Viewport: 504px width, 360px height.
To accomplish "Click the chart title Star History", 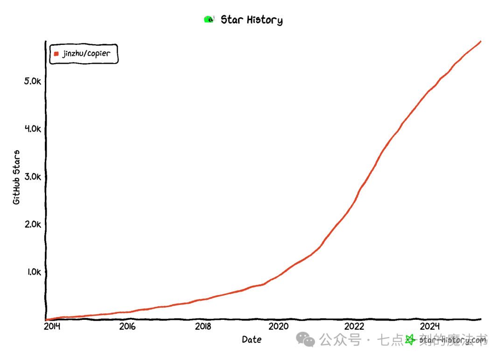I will coord(252,20).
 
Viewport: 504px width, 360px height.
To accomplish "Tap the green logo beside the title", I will coord(209,19).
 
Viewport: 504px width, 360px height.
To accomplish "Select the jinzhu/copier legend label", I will coord(87,53).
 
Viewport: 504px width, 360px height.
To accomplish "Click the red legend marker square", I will coord(56,54).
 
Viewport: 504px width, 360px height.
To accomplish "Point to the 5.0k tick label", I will coord(33,81).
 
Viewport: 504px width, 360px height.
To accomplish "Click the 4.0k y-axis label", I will coord(33,129).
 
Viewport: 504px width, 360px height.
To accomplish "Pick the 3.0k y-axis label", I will coord(33,176).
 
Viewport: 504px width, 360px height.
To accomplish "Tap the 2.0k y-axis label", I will coord(33,224).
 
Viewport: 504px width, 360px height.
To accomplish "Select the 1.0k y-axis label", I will coord(33,272).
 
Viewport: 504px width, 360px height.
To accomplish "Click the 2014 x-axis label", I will coord(52,326).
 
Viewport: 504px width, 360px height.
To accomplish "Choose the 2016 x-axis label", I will coord(127,326).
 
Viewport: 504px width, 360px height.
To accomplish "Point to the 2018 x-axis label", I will coord(203,326).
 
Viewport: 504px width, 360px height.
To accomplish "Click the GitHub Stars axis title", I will coord(16,177).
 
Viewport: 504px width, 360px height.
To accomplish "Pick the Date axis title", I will coord(252,340).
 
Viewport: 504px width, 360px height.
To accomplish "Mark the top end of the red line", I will coord(481,42).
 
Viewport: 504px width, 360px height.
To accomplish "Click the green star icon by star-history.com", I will coord(410,340).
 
